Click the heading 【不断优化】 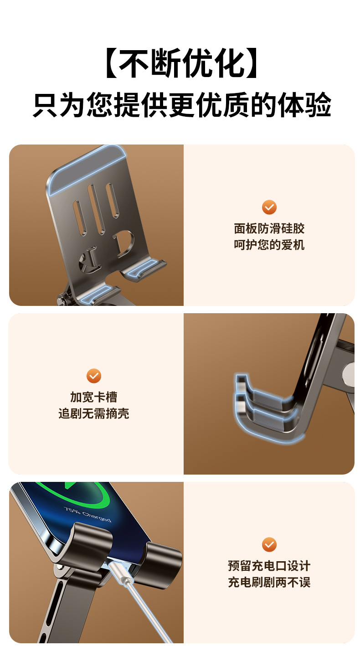coord(181,63)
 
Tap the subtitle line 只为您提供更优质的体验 coord(182,105)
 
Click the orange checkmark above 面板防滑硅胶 coord(269,207)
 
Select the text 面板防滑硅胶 coord(269,228)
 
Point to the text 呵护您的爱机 coord(269,245)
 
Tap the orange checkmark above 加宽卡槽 coord(94,376)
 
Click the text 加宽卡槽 coord(94,397)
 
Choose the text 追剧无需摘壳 coord(94,413)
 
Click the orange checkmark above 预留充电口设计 coord(269,544)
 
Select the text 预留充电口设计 coord(269,566)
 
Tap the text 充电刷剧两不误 coord(269,582)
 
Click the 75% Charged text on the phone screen coord(87,515)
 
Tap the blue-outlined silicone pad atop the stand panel coord(87,169)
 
